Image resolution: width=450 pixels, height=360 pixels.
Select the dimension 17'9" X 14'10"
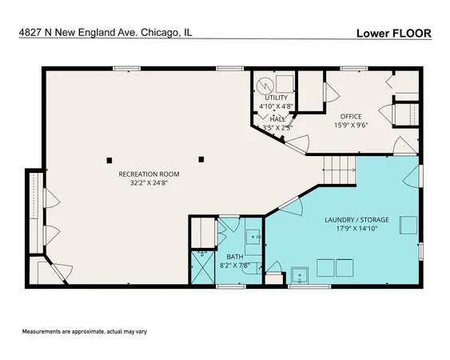(x=356, y=228)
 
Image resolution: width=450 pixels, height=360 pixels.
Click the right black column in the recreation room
(x=202, y=158)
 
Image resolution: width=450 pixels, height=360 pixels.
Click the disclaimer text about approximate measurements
(x=83, y=331)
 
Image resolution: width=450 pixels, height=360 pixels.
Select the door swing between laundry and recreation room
(x=293, y=203)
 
